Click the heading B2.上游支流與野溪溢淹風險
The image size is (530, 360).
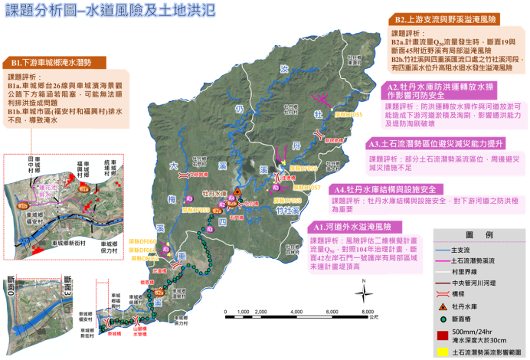(x=453, y=19)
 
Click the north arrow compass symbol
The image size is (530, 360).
(x=362, y=290)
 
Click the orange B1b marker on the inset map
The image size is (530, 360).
(x=23, y=205)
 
